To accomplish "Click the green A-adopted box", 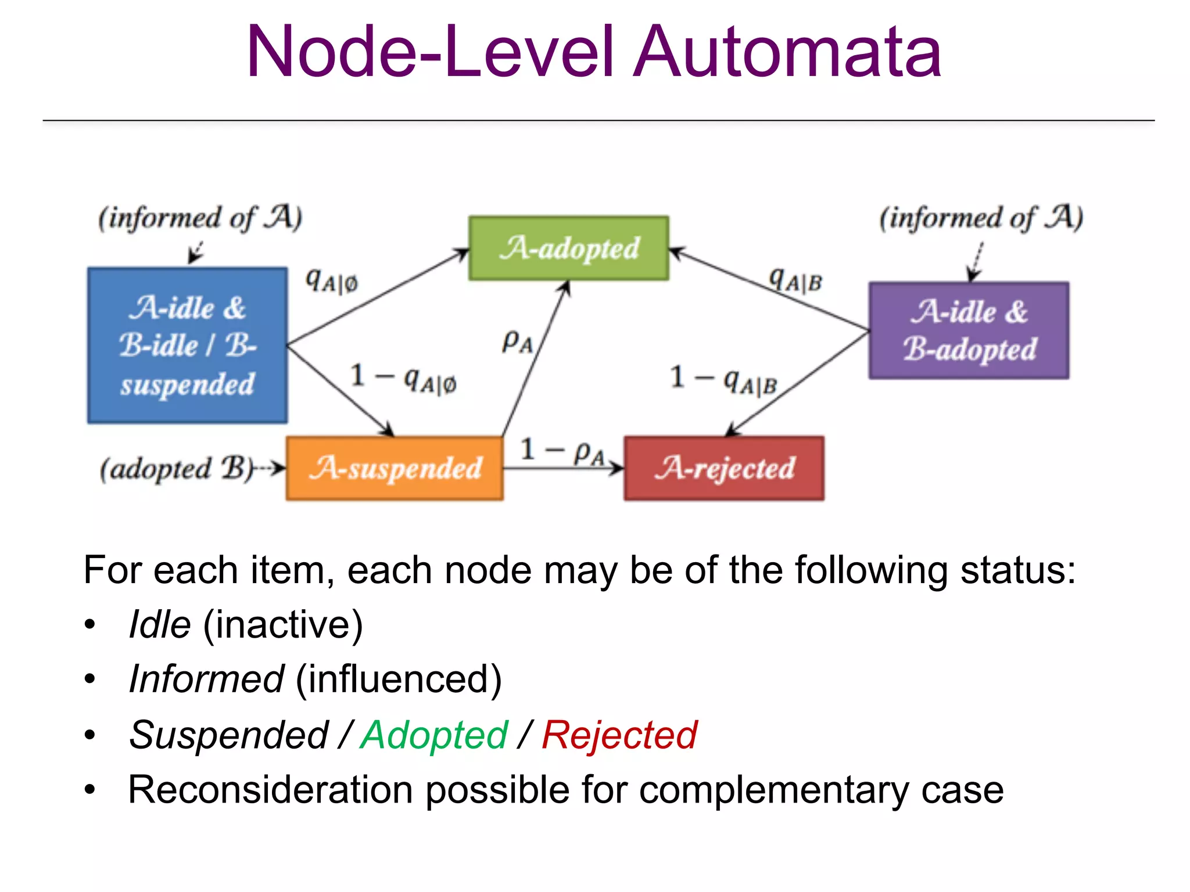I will pos(568,249).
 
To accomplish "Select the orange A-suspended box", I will pos(395,468).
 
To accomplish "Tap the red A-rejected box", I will pos(724,468).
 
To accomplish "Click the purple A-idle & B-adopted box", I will pos(969,330).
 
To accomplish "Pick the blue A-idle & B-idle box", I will pos(187,346).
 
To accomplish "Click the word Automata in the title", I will pos(787,52).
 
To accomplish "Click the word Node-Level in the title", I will pos(430,52).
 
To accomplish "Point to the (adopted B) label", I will pos(177,468).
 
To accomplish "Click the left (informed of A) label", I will pos(200,218).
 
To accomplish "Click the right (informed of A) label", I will pos(981,218).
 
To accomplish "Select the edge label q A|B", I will pos(795,280).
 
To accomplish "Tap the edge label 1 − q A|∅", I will pos(403,378).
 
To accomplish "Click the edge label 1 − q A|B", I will pos(723,379).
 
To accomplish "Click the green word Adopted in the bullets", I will pos(433,735).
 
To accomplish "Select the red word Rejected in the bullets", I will pos(619,735).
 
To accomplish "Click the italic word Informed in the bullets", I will pos(206,679).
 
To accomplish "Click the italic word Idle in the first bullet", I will pos(160,625).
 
